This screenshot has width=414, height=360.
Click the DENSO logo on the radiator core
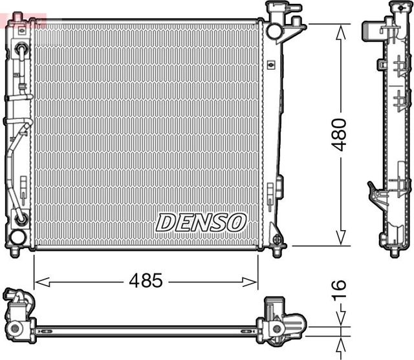[x=201, y=223]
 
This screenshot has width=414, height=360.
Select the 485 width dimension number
[x=146, y=281]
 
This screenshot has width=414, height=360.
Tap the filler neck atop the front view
[x=283, y=10]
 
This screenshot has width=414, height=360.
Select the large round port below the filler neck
[x=274, y=30]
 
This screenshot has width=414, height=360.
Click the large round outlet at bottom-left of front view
[x=17, y=237]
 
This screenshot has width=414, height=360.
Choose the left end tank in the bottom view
[x=19, y=314]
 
